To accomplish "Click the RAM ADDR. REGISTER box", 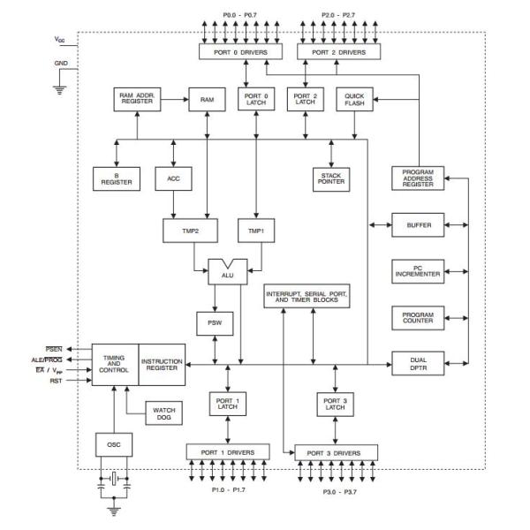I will (x=136, y=100).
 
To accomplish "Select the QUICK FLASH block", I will (x=355, y=100).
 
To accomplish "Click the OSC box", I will (x=112, y=444).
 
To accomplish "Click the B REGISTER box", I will (x=111, y=179).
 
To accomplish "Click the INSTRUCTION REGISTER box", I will (x=163, y=364).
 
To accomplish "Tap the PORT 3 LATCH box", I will (x=336, y=405).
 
